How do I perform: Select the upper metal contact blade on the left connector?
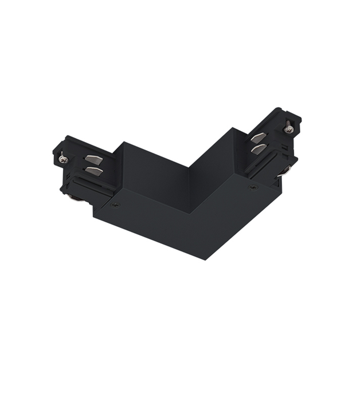(x=92, y=160)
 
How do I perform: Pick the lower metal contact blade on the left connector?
(x=93, y=171)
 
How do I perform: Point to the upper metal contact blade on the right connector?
(x=259, y=137)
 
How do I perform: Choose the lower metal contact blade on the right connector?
(x=259, y=150)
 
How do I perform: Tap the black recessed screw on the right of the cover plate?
(x=251, y=187)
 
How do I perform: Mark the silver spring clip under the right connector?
(x=284, y=171)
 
